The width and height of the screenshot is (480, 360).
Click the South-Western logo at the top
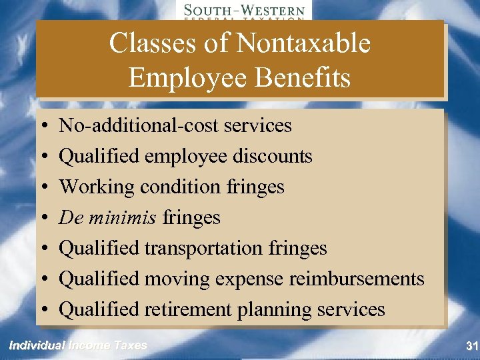pos(244,11)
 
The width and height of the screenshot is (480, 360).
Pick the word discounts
pos(273,156)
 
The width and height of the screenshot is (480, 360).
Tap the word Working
pos(97,187)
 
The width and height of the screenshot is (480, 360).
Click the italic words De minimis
pos(109,217)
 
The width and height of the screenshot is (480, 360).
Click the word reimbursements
pos(357,279)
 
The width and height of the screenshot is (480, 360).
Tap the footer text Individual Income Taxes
pos(77,345)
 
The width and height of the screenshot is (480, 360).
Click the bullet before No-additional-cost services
pos(43,126)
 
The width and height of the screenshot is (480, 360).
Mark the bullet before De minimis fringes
pos(43,218)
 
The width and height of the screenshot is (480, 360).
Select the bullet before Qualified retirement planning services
pos(43,310)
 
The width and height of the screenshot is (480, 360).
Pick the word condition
pos(175,187)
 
